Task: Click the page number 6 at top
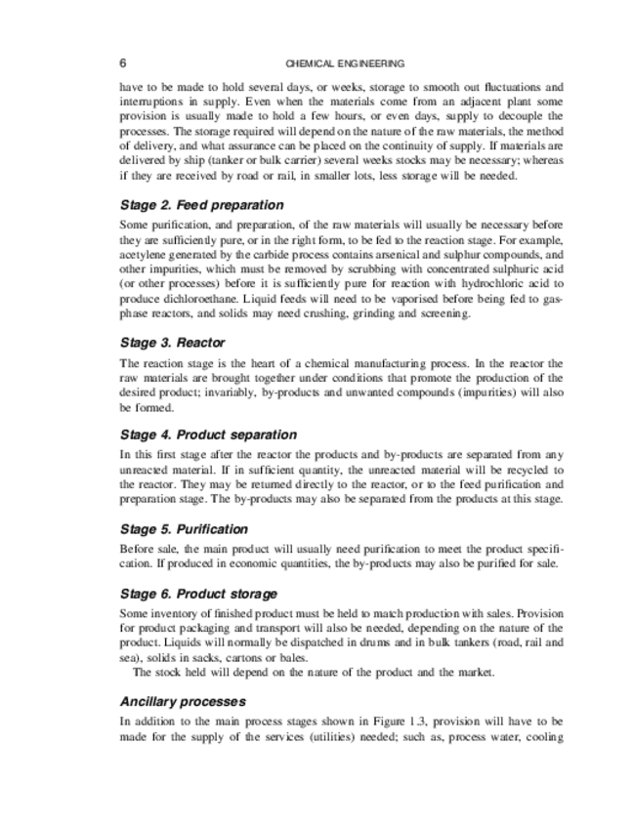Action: (122, 63)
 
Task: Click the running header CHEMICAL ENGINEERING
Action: (345, 63)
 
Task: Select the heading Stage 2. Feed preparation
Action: (201, 205)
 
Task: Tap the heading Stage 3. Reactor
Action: (172, 343)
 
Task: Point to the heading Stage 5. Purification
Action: (184, 528)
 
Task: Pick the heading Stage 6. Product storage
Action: (198, 594)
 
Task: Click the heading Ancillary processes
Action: (182, 701)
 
